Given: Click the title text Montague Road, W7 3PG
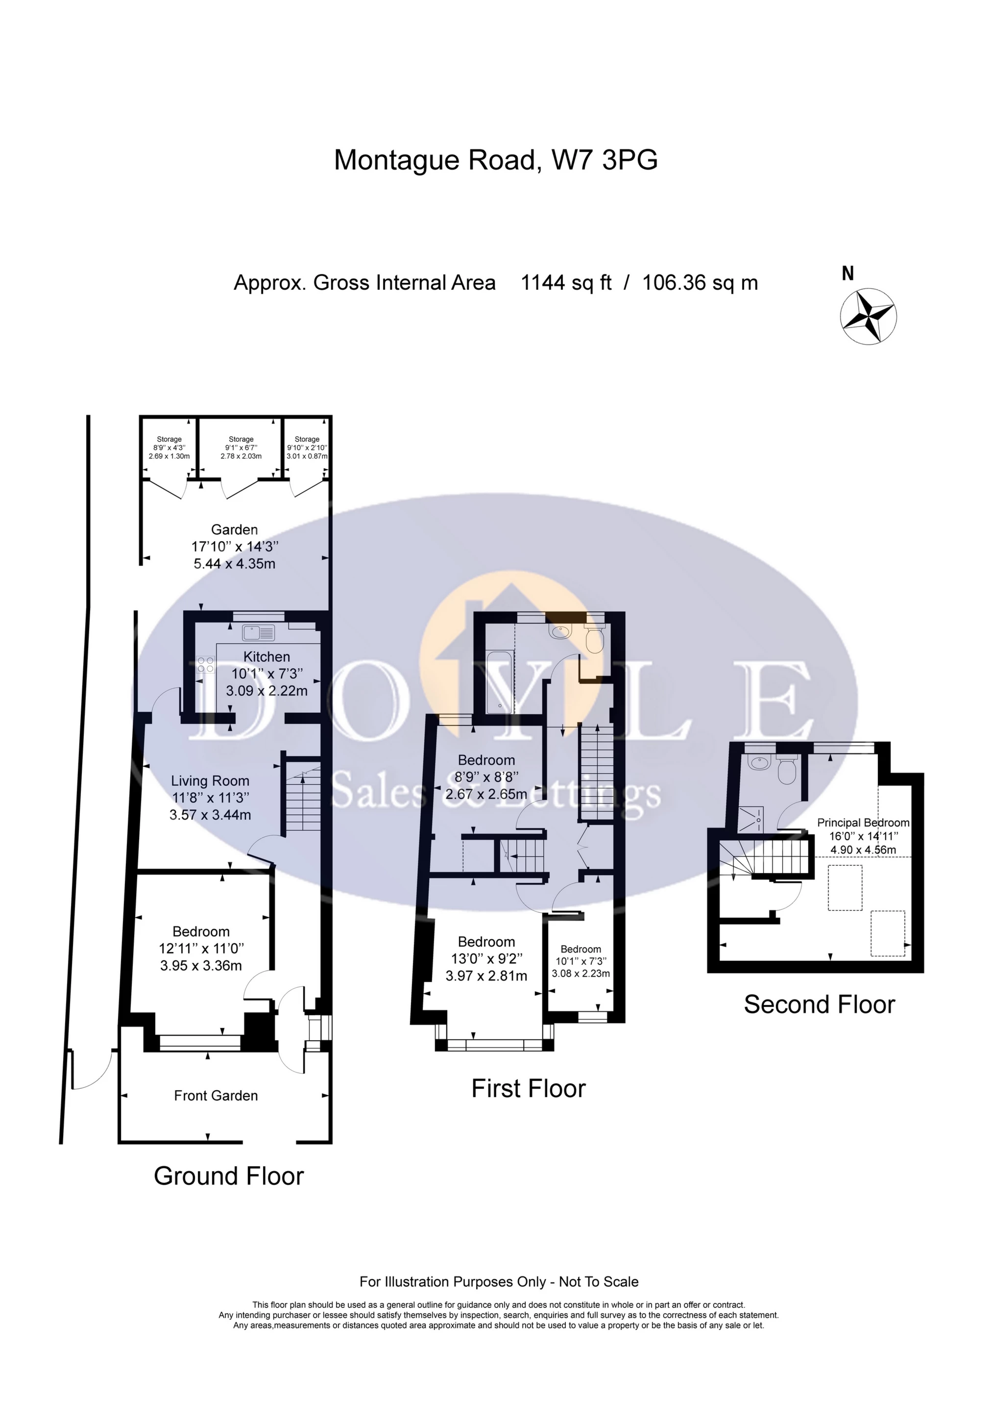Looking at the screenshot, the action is click(x=496, y=160).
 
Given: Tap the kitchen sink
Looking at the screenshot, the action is click(x=259, y=632).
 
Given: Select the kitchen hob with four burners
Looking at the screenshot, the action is click(x=205, y=664).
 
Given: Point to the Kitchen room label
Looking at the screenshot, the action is click(x=266, y=657).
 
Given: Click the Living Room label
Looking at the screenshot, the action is click(x=210, y=781).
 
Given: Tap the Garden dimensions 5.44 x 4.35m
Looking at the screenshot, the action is click(x=235, y=564).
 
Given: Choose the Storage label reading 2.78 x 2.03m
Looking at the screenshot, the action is click(x=241, y=456).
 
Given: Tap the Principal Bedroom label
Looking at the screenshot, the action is click(x=863, y=823).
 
